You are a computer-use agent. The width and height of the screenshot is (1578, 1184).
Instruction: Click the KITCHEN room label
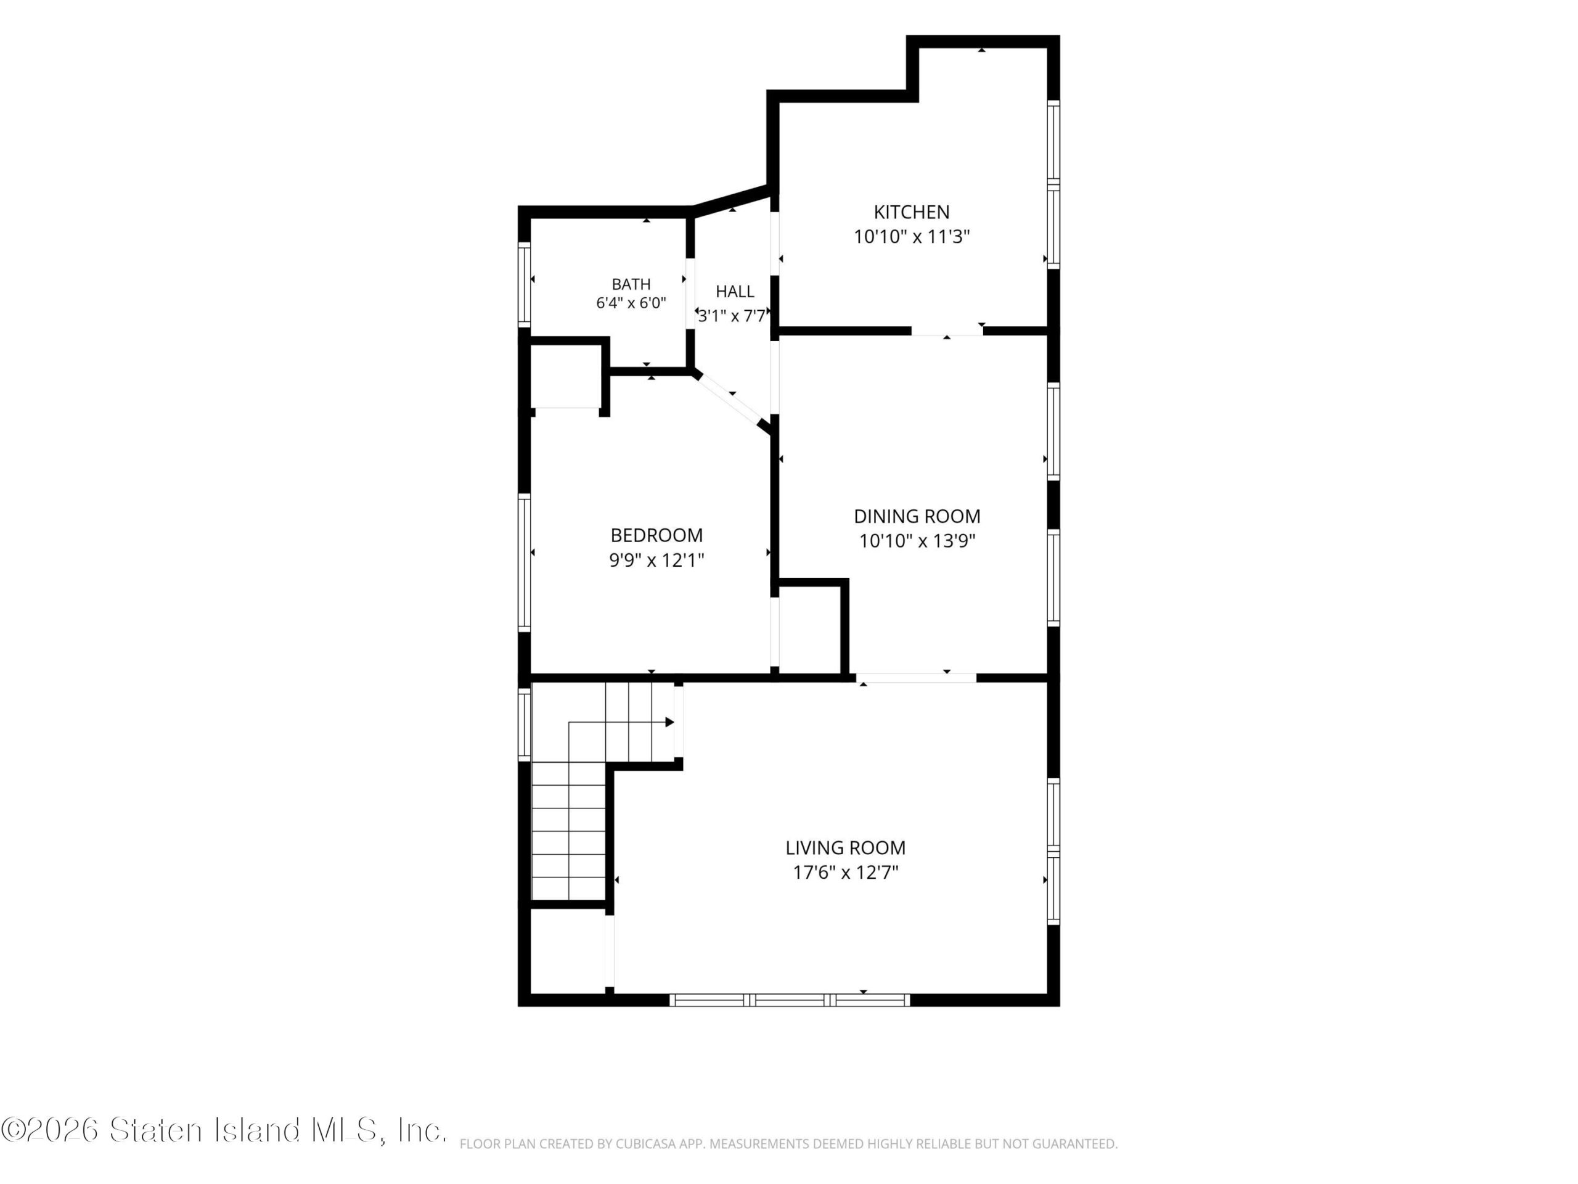[x=911, y=212]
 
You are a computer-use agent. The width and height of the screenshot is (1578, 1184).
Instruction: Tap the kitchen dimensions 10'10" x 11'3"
[x=912, y=237]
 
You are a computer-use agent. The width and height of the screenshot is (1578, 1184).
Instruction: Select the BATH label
[x=631, y=284]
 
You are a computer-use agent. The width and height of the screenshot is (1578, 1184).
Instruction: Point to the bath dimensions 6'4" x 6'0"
[x=631, y=303]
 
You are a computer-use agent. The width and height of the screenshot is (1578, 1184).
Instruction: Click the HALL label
[x=735, y=291]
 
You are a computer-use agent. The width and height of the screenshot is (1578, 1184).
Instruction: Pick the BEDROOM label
[x=656, y=535]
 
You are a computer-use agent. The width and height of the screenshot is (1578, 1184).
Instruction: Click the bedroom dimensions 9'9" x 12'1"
[x=656, y=560]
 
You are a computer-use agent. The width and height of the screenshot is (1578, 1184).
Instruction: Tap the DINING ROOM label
[x=917, y=516]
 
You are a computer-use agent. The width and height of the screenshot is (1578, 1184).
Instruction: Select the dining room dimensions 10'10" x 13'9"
[x=917, y=541]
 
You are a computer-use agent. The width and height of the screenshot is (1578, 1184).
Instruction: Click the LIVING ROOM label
[x=845, y=848]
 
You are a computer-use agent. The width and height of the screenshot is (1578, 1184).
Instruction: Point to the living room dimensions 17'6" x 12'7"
[x=845, y=872]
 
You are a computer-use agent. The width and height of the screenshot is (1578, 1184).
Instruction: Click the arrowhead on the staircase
[x=670, y=722]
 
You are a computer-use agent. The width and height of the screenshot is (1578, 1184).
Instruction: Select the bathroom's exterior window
[x=525, y=285]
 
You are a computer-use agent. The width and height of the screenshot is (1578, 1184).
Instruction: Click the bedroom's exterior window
[x=525, y=562]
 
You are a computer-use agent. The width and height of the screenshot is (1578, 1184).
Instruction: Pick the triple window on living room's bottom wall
[x=790, y=1000]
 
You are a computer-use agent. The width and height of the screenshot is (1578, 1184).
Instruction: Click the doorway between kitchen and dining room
[x=947, y=331]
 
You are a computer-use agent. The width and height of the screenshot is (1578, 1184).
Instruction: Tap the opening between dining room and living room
[x=916, y=677]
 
